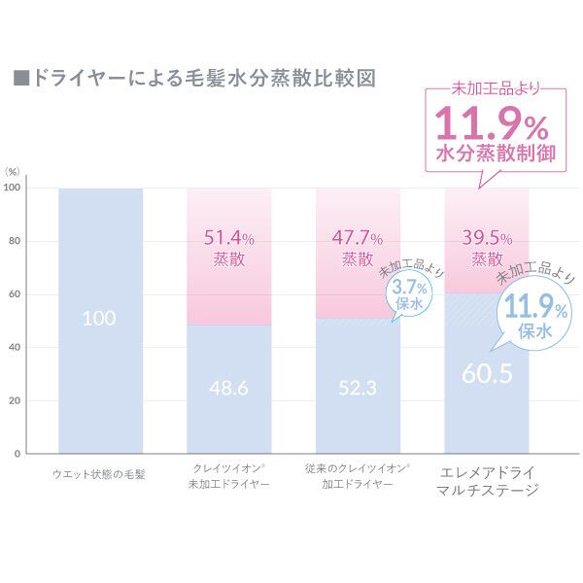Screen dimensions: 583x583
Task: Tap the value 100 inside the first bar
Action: click(x=100, y=319)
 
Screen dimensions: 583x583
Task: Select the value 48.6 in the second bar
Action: click(x=229, y=388)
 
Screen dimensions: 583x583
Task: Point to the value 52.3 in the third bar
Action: click(x=360, y=388)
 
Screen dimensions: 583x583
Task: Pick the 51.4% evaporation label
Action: click(x=229, y=237)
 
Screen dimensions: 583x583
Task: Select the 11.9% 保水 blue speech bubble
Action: click(x=532, y=319)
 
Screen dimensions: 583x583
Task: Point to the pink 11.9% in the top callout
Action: click(x=492, y=124)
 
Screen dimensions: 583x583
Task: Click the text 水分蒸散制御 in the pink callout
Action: click(x=492, y=155)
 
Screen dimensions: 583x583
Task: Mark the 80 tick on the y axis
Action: click(x=13, y=241)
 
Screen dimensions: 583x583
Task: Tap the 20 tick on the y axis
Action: click(x=13, y=400)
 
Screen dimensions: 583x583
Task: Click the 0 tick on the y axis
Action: click(x=17, y=454)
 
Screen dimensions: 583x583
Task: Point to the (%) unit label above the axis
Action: click(x=14, y=170)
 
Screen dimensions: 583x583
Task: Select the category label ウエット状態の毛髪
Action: click(x=100, y=475)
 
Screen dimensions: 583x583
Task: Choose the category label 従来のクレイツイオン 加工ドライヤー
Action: click(x=358, y=475)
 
